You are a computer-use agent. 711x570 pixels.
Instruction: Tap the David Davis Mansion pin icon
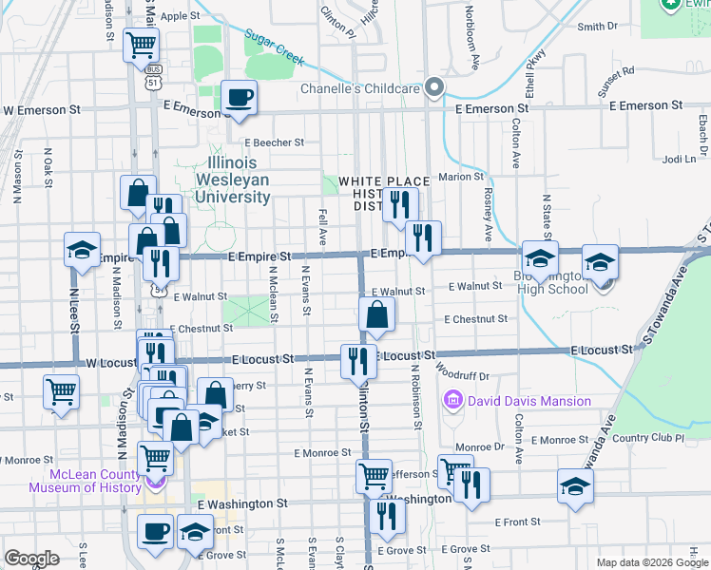[452, 401]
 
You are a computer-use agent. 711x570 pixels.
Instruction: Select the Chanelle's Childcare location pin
[435, 88]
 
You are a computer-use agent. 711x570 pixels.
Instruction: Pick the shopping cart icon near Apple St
[141, 44]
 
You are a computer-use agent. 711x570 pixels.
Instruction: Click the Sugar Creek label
[274, 48]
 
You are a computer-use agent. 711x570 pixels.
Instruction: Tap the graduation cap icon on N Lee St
[83, 250]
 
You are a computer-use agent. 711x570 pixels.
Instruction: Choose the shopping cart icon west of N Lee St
[61, 391]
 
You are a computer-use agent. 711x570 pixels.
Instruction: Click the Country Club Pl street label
[648, 438]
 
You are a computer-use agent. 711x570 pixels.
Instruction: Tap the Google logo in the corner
[32, 559]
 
